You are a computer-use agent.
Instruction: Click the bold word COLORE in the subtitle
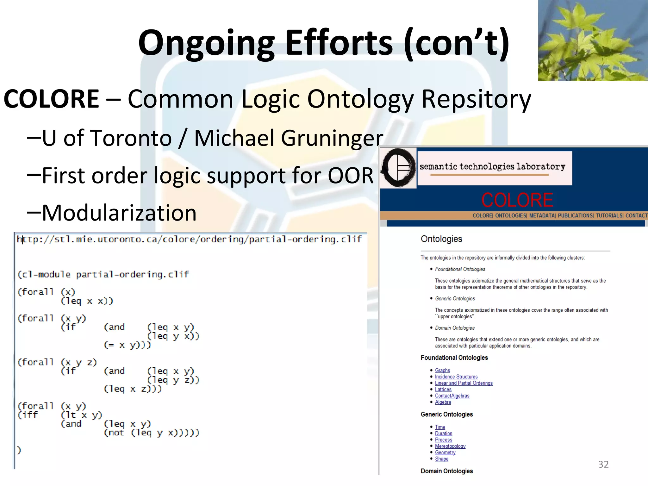pos(51,99)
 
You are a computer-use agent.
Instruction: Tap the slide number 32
pos(603,464)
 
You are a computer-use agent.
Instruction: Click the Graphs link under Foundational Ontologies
pos(442,370)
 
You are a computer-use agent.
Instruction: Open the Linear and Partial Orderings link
pos(464,383)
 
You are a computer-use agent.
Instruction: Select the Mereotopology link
pos(450,446)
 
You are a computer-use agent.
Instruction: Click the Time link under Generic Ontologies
pos(440,427)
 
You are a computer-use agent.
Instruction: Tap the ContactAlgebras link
pos(452,396)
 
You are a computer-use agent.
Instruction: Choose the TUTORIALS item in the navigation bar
pos(609,215)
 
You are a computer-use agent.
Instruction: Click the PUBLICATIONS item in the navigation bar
pos(575,215)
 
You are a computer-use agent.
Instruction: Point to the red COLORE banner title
pos(517,200)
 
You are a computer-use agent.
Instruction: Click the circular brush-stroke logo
pos(398,167)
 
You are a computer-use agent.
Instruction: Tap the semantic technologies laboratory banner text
pos(492,166)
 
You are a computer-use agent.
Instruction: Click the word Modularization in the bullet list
pos(119,213)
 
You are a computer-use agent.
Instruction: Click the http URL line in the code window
pos(189,239)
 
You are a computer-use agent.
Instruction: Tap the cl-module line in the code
pos(103,274)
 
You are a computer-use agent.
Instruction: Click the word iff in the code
pos(28,415)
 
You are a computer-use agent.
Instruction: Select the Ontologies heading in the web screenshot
pos(441,239)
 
